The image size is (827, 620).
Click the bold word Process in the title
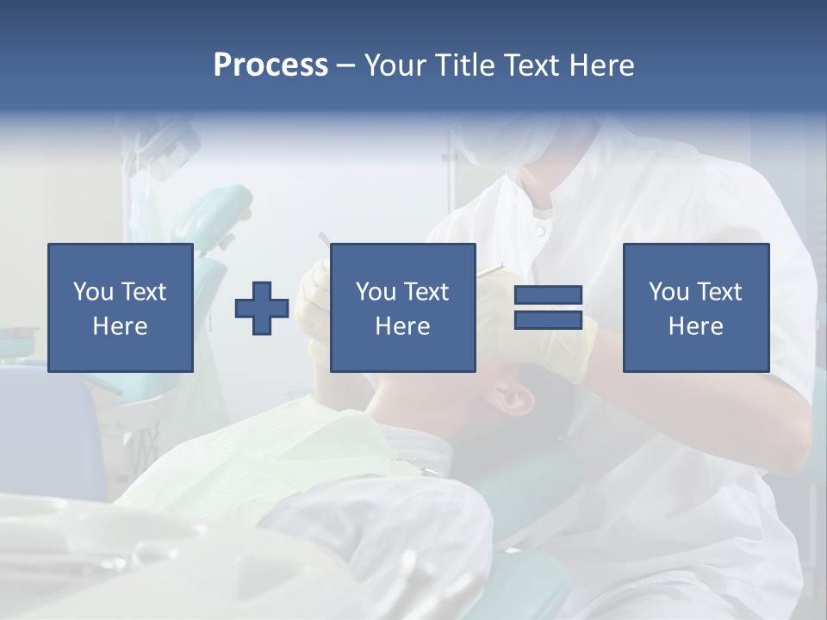(x=270, y=65)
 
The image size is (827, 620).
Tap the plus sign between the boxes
(x=262, y=308)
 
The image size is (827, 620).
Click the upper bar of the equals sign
(x=548, y=295)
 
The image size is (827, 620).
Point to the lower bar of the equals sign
(x=548, y=320)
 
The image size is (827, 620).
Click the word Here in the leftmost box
(x=120, y=326)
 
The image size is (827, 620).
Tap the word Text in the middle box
(x=426, y=292)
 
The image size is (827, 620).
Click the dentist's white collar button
(x=540, y=230)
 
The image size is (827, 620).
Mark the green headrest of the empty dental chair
(x=215, y=215)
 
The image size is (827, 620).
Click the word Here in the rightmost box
(x=695, y=326)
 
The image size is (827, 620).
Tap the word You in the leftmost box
(x=93, y=292)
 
